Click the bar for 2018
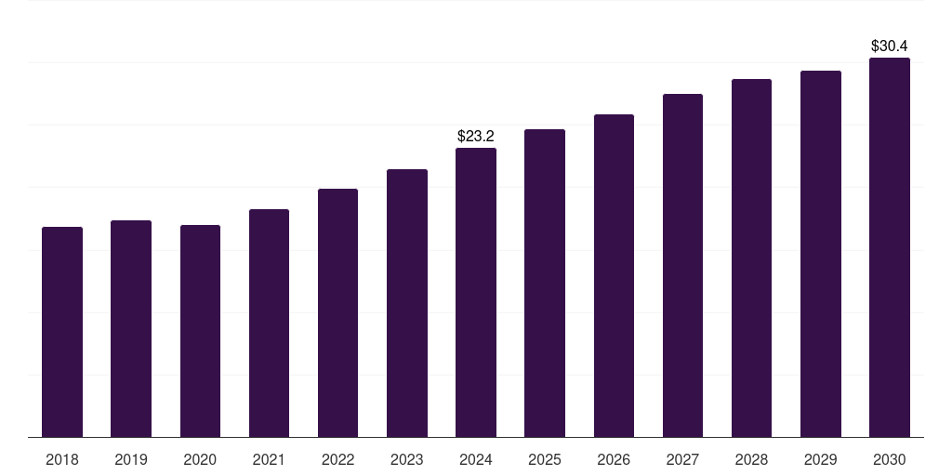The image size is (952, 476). click(62, 332)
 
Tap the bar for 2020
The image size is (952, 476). click(200, 331)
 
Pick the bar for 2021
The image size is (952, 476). click(269, 323)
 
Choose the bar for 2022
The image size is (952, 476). click(337, 312)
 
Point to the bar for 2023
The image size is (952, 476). click(407, 303)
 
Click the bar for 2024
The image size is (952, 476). click(476, 292)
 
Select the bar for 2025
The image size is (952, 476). click(545, 283)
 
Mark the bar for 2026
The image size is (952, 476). click(614, 275)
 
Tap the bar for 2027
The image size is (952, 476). click(682, 265)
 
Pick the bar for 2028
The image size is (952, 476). click(751, 258)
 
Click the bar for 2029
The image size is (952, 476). click(821, 254)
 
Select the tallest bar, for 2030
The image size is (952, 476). click(890, 247)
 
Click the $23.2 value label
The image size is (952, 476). click(476, 136)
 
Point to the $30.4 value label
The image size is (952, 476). click(890, 46)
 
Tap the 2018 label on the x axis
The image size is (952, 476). click(62, 459)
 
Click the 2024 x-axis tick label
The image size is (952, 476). click(476, 459)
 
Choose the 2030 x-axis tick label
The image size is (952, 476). click(890, 459)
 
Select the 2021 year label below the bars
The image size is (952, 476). click(269, 459)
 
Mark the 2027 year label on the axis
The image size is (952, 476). click(682, 459)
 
